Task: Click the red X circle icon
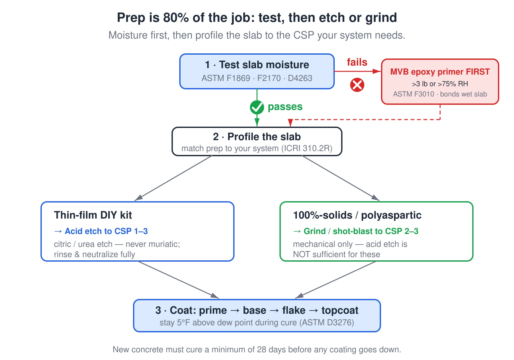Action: point(357,85)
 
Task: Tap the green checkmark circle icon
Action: point(257,107)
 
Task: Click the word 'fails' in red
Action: point(357,62)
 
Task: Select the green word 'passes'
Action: point(285,107)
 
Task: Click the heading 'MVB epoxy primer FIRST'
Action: point(440,72)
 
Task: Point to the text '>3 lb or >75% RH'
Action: point(440,84)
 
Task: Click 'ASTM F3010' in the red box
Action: point(413,94)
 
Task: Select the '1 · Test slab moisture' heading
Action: point(257,65)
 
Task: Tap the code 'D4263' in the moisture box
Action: point(300,78)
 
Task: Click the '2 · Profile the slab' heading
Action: point(257,137)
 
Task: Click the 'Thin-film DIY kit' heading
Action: point(93,215)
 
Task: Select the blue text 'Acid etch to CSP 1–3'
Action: point(106,231)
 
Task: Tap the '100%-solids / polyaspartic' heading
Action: point(357,215)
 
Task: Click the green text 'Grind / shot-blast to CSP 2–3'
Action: point(361,231)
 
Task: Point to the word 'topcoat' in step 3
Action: point(340,310)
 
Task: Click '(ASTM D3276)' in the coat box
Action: point(326,323)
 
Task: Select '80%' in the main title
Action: point(176,18)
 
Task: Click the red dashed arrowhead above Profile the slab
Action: point(290,123)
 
